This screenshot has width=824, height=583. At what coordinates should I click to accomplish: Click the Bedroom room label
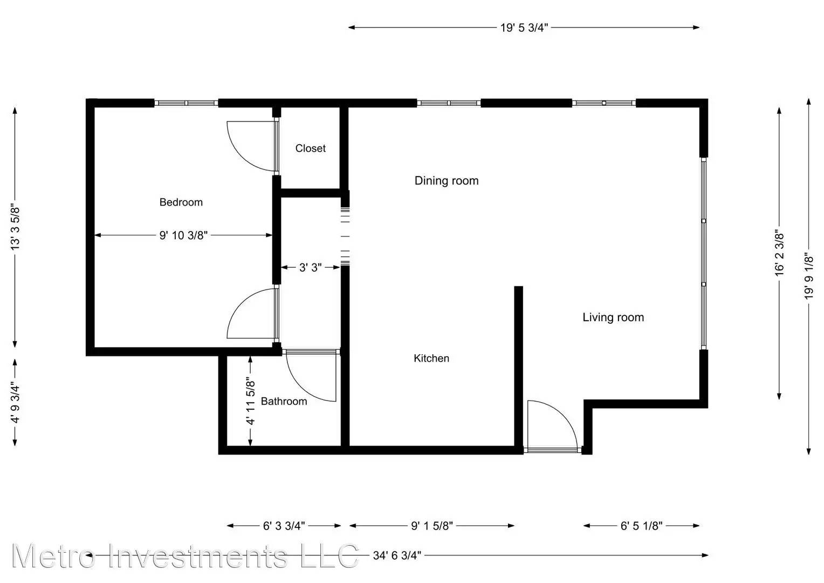pos(181,202)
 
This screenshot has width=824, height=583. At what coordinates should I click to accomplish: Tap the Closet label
pos(311,148)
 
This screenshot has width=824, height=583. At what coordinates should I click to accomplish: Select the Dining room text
pos(447,181)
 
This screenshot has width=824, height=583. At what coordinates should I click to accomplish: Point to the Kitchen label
pos(431,358)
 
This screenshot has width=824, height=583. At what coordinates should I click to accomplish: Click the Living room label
pos(613,317)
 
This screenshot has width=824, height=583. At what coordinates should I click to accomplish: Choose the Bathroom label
pos(284,402)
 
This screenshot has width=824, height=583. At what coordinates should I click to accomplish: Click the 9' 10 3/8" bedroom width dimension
pos(183,235)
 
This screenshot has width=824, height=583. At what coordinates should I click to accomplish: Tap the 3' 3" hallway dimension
pos(310,267)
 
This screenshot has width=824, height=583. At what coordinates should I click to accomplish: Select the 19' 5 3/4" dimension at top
pos(524,28)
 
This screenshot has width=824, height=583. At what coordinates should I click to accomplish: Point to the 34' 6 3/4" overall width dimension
pos(397,555)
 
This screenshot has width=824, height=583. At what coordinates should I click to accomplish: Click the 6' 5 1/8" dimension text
pos(642,526)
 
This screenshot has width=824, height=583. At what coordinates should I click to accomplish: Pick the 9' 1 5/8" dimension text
pos(432,526)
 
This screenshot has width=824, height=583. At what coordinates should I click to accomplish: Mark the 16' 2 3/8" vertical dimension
pos(779,254)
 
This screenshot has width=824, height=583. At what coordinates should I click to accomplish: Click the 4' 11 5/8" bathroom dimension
pos(251,401)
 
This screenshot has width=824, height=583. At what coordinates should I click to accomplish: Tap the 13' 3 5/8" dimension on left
pos(15,227)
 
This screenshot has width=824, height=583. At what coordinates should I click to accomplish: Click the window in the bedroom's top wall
pos(186,103)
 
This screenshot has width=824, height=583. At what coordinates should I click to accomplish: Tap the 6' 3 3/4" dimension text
pos(284,526)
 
